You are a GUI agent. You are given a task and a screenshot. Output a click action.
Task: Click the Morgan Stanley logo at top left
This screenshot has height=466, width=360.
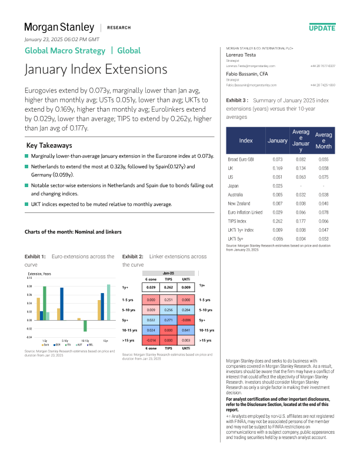59,27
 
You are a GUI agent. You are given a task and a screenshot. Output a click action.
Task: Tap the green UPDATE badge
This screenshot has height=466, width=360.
322,28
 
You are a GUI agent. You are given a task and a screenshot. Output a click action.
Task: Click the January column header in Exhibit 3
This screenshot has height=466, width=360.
278,141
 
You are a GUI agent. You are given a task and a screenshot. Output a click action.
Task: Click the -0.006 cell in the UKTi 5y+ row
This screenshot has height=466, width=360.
278,239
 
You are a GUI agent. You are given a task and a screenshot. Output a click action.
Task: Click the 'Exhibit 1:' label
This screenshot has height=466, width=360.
35,257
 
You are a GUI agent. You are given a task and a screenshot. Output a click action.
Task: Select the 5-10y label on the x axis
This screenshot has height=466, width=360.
64,341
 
